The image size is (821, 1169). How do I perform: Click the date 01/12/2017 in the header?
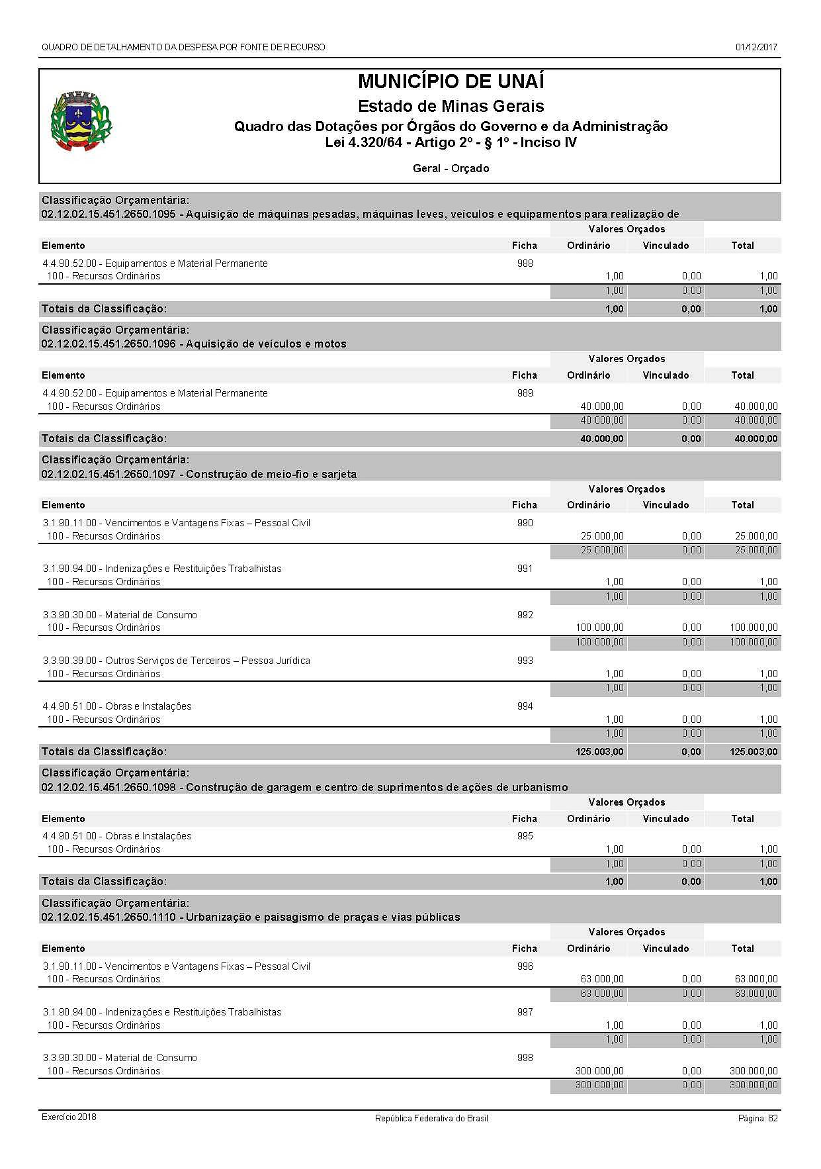tap(756, 47)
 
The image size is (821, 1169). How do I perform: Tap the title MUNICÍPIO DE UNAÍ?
tap(451, 82)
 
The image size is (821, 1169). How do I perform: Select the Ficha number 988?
tap(525, 263)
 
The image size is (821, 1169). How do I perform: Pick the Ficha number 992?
tap(525, 615)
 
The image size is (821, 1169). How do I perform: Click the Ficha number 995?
tap(525, 836)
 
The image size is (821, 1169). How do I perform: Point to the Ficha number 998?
tap(525, 1058)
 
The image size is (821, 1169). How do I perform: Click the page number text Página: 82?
tap(757, 1118)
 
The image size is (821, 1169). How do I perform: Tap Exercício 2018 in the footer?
tap(69, 1117)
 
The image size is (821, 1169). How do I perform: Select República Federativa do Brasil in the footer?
tap(431, 1119)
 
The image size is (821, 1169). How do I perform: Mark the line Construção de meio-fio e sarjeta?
tap(271, 475)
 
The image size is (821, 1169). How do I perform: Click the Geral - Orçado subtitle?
tap(451, 169)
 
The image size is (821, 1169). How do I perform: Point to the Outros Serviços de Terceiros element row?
tap(176, 661)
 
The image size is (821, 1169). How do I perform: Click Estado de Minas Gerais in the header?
tap(451, 107)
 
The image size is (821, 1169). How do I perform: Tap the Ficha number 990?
tap(525, 523)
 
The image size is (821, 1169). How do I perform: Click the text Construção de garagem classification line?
tap(377, 788)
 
